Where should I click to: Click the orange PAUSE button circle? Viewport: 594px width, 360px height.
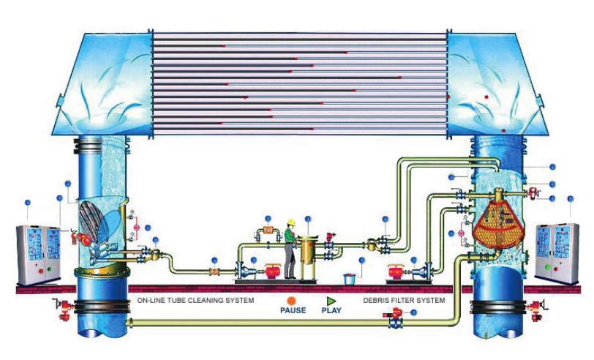291,300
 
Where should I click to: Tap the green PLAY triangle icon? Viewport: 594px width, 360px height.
331,300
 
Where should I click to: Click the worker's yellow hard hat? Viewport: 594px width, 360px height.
290,223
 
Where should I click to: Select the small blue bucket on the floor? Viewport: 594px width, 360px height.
350,279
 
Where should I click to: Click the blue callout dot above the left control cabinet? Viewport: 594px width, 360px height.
27,202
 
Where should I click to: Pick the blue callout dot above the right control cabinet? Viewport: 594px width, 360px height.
571,198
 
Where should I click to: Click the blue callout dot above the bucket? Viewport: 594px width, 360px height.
361,260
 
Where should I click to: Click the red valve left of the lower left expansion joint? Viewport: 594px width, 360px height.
64,305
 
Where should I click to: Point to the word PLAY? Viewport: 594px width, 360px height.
331,310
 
